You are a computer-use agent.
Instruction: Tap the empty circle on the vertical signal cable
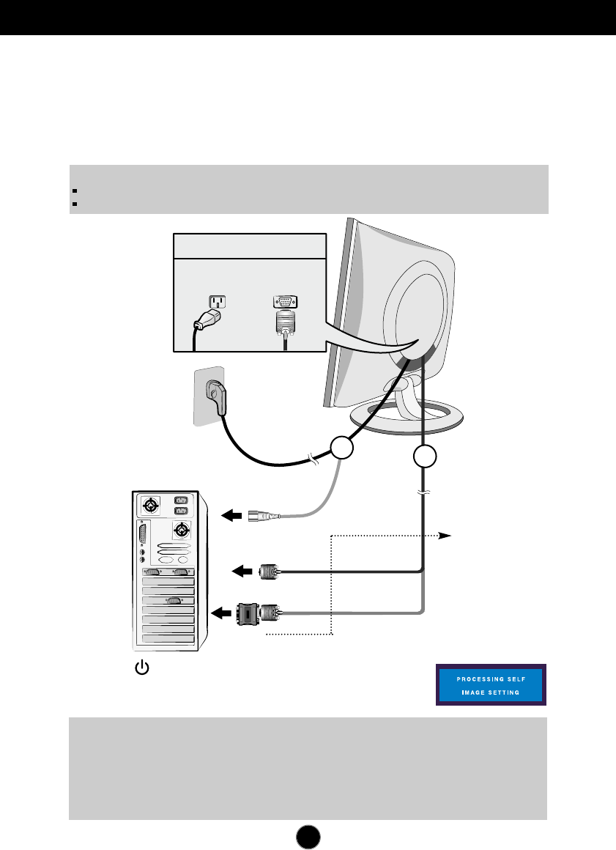[x=425, y=457]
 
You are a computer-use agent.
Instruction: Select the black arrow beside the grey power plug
[x=232, y=516]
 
